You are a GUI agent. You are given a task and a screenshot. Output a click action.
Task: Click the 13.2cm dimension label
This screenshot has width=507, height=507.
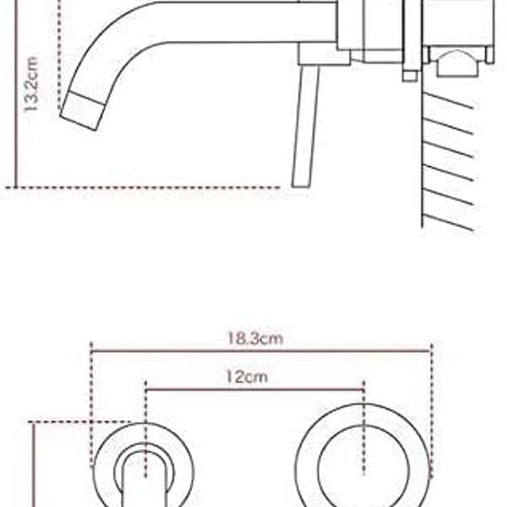pyautogui.click(x=32, y=84)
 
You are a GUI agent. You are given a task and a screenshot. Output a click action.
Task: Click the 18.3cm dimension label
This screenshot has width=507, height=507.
pyautogui.click(x=255, y=339)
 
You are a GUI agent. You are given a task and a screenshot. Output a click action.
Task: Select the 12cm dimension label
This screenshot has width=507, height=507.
pyautogui.click(x=247, y=377)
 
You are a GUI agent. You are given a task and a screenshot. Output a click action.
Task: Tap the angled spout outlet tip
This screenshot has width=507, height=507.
pyautogui.click(x=83, y=111)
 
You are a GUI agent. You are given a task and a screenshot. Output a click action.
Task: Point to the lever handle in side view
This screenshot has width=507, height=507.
pyautogui.click(x=305, y=126)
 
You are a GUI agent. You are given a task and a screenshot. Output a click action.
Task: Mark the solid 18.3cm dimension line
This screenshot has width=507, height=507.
pyautogui.click(x=261, y=352)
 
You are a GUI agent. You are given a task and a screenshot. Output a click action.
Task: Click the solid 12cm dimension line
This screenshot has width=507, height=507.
pyautogui.click(x=254, y=390)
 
